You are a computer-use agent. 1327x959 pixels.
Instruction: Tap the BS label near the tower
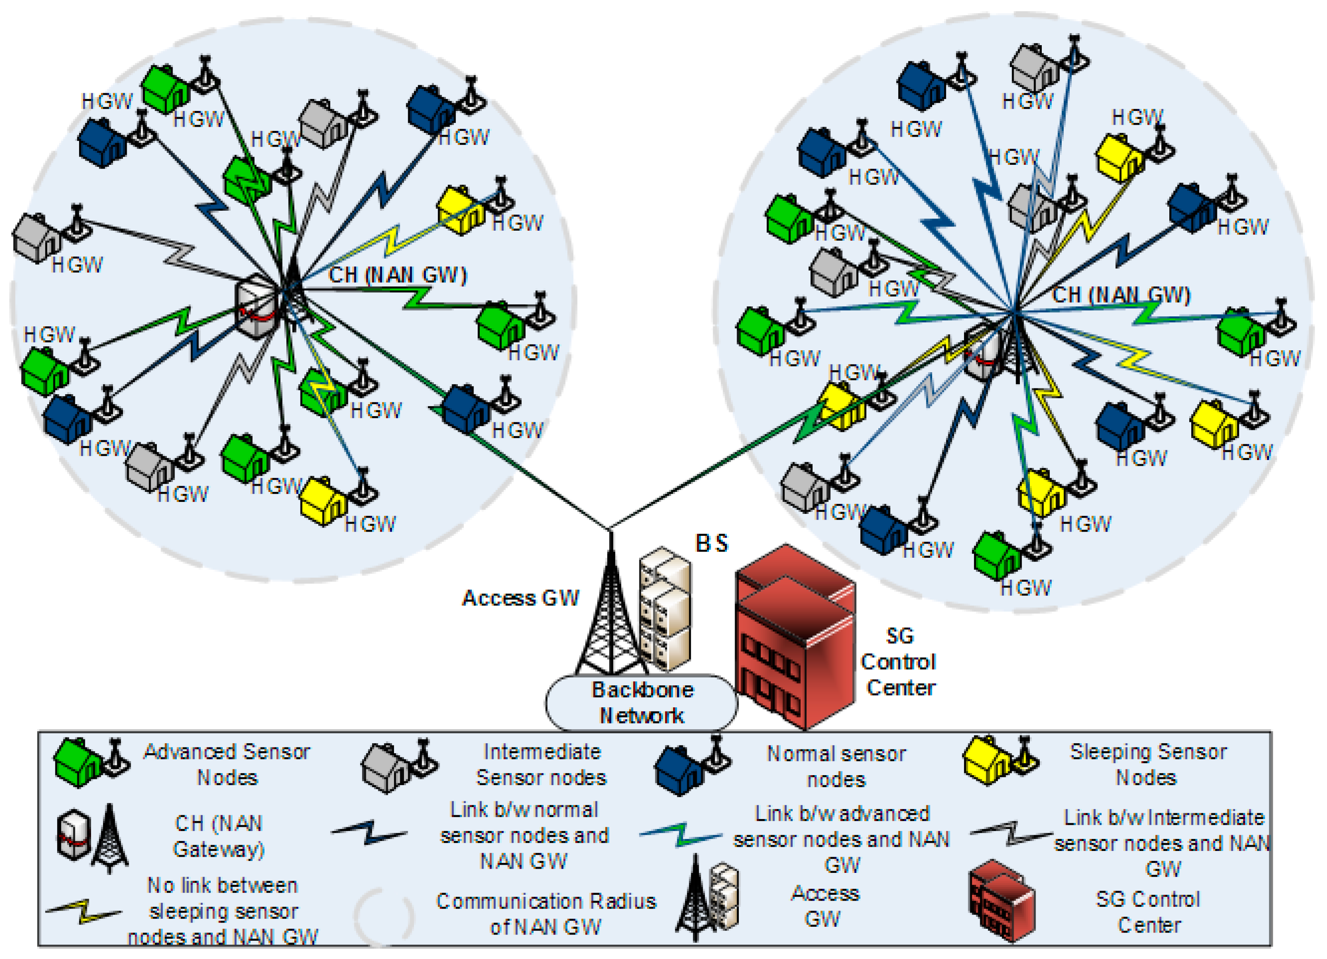pos(711,543)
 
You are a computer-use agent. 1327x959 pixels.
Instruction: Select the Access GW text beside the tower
pos(520,598)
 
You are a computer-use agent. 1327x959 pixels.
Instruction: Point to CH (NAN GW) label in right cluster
pos(1120,294)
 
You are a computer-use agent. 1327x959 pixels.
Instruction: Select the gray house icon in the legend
pos(386,767)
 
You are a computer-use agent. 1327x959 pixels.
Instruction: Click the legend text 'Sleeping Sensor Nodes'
pos(1147,764)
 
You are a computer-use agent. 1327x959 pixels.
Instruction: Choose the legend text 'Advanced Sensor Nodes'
pos(226,764)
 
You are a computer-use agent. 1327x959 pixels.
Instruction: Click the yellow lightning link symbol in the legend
pos(84,911)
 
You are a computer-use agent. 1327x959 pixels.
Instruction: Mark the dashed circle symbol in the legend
pos(384,916)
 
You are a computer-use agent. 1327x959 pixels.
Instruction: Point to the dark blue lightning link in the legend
pos(369,832)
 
